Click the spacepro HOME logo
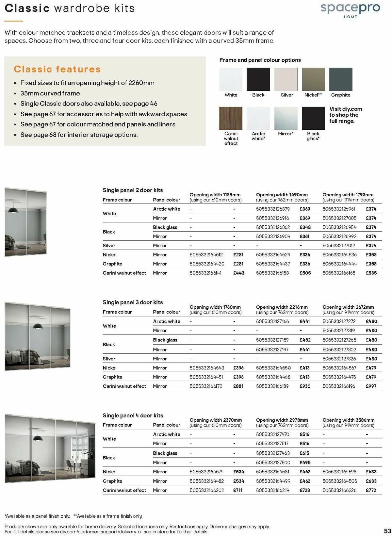click(350, 10)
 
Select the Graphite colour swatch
click(341, 79)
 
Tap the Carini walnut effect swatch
click(231, 118)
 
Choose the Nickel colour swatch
click(313, 79)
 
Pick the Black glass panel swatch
click(313, 118)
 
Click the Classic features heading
click(57, 69)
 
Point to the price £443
click(239, 273)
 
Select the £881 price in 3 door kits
click(238, 386)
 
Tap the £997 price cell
click(371, 386)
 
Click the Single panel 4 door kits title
click(133, 415)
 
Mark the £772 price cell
click(371, 490)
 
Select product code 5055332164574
click(206, 472)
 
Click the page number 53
click(387, 530)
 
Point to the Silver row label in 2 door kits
click(109, 246)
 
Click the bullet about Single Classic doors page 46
click(89, 104)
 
